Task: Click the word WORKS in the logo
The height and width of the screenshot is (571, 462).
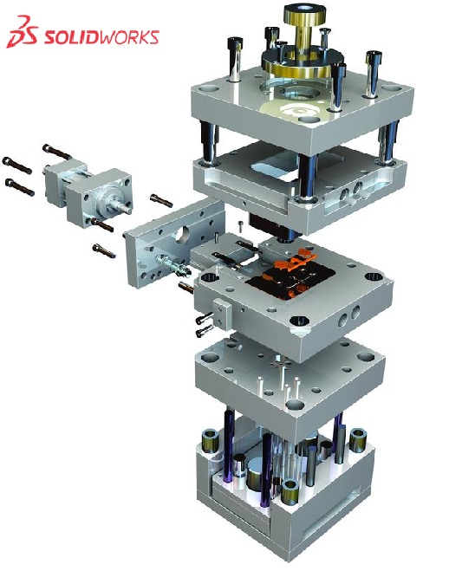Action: click(x=128, y=37)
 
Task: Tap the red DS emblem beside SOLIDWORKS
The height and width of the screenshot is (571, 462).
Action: click(x=22, y=32)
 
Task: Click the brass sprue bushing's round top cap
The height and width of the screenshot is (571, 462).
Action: click(x=304, y=16)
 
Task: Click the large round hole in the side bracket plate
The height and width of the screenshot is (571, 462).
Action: click(x=182, y=234)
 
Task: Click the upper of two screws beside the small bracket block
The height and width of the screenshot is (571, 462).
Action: click(x=204, y=318)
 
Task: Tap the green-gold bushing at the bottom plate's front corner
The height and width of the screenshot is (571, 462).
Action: click(x=290, y=491)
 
